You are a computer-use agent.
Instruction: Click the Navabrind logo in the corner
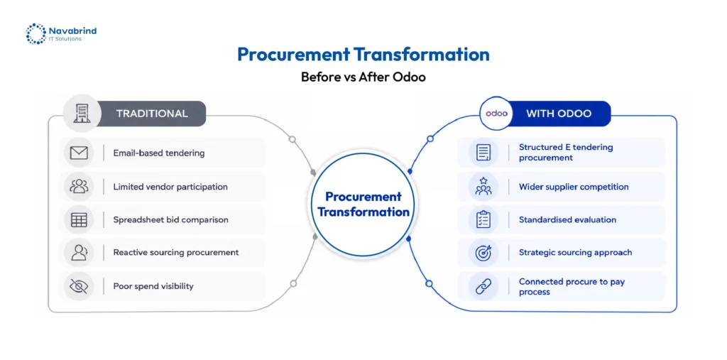coord(61,34)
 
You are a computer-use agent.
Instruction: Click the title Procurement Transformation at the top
coord(363,54)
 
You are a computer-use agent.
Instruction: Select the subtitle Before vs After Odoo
coord(363,77)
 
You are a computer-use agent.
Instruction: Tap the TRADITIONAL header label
coord(152,114)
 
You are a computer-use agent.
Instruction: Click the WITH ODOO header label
coord(559,114)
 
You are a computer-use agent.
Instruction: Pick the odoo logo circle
coord(496,114)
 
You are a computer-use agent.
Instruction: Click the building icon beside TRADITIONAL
coord(82,114)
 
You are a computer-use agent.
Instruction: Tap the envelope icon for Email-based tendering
coord(79,153)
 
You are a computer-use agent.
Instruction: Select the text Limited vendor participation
coord(170,187)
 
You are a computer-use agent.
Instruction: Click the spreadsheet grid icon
coord(79,219)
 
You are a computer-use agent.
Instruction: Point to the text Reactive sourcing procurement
coord(176,252)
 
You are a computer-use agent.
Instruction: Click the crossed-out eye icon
coord(79,285)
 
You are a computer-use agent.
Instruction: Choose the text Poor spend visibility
coord(153,285)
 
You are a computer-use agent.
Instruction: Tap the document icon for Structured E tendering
coord(483,153)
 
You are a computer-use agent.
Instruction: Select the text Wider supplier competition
coord(574,187)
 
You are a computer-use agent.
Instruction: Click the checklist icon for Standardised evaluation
coord(483,219)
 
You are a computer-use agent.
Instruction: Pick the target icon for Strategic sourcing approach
coord(483,253)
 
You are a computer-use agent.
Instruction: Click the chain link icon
coord(483,286)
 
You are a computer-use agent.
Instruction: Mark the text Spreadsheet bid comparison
coord(170,219)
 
